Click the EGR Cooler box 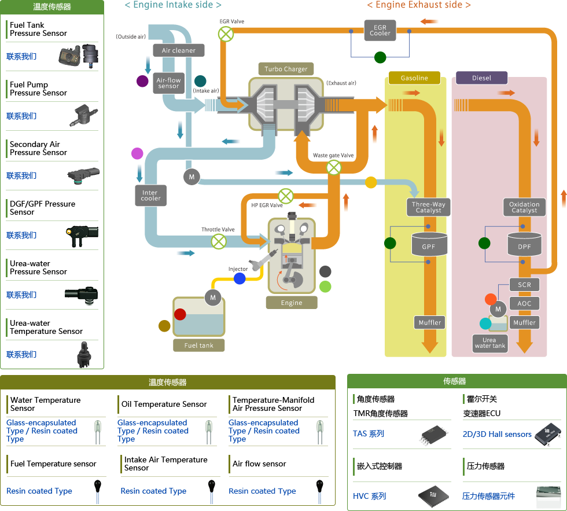click(380, 30)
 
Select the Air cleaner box click(178, 50)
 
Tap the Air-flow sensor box click(168, 83)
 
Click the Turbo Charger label click(286, 69)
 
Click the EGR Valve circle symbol click(226, 34)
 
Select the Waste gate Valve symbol click(334, 168)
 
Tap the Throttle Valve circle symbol click(219, 241)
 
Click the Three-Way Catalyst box click(428, 207)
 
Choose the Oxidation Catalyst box click(524, 207)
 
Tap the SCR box click(524, 285)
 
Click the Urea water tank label click(490, 343)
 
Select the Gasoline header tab click(414, 78)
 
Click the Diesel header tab click(481, 78)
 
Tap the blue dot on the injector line click(240, 279)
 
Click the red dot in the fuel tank click(180, 314)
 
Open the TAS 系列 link click(369, 433)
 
